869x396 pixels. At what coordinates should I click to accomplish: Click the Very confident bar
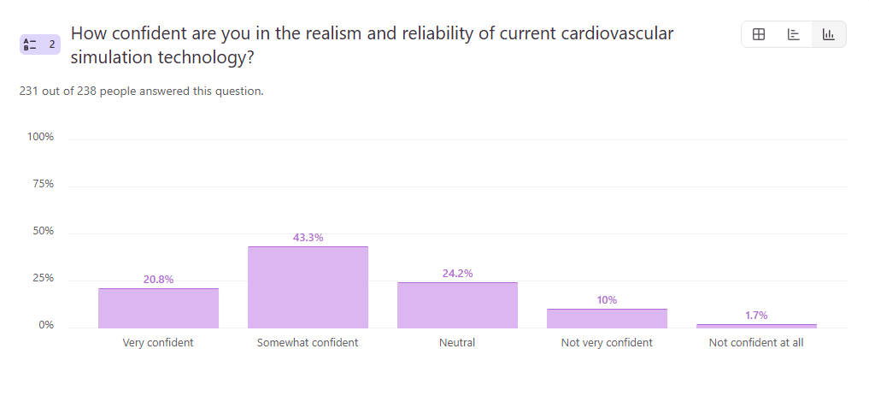[158, 308]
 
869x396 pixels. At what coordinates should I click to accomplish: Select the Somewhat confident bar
[308, 287]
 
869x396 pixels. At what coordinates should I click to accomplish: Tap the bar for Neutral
[457, 304]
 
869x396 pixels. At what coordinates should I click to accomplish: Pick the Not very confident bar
[607, 318]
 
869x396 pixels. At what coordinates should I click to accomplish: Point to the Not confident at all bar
[756, 326]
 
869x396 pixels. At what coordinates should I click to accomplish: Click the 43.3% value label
[308, 238]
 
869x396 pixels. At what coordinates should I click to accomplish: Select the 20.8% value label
[158, 280]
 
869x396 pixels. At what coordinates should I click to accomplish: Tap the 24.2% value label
[457, 274]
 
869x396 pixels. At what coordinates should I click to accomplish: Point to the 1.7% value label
[756, 316]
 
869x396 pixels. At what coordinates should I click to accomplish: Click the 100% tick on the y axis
[41, 137]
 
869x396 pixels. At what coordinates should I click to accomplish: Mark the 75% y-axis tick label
[43, 184]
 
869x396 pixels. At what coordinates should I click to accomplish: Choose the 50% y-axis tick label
[43, 231]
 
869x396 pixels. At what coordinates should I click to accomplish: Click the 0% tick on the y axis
[46, 325]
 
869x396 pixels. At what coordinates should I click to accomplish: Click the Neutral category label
[457, 343]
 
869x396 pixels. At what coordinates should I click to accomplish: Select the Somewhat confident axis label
[308, 343]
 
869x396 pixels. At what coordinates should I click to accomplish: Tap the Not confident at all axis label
[756, 343]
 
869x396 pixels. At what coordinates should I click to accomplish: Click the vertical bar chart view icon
[828, 34]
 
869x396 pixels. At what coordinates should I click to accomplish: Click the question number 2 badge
[40, 44]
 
